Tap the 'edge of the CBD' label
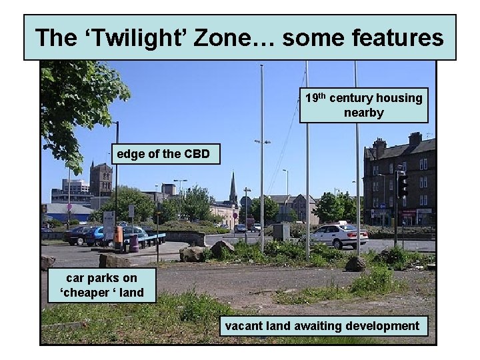click(x=163, y=155)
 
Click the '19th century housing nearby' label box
click(x=363, y=105)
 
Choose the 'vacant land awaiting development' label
click(x=323, y=326)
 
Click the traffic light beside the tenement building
click(x=402, y=185)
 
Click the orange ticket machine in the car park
click(x=118, y=236)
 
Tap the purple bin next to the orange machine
click(x=134, y=243)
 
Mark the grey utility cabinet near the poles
click(x=281, y=231)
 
